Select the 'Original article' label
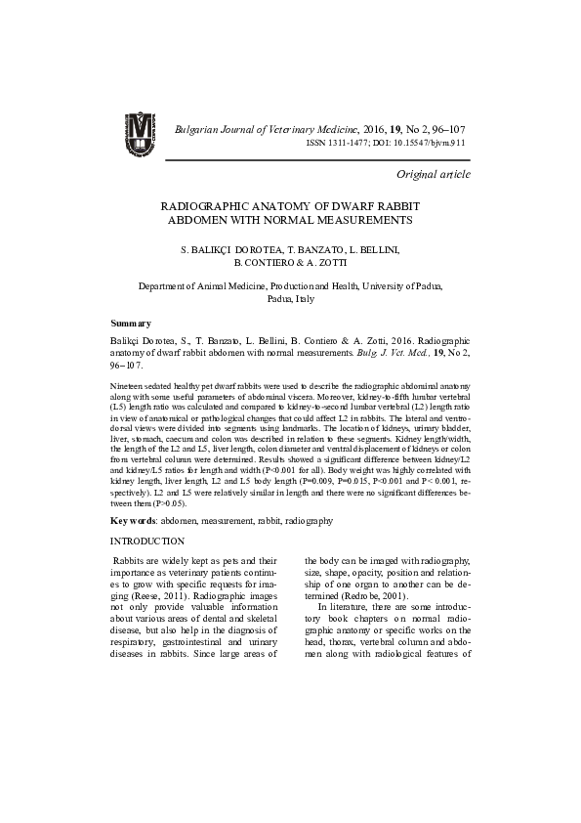click(x=433, y=174)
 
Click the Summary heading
click(x=131, y=323)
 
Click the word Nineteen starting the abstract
click(x=129, y=388)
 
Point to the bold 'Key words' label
click(x=134, y=522)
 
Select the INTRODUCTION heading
click(x=147, y=541)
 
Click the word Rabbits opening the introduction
click(x=131, y=560)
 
